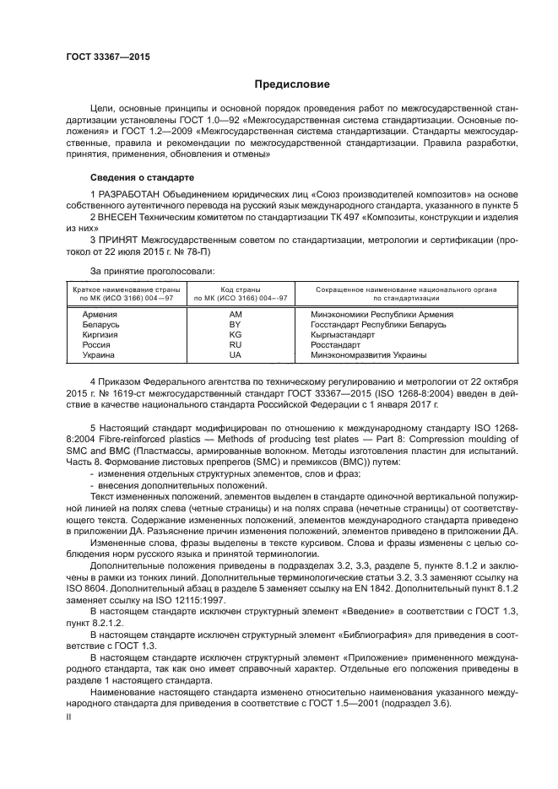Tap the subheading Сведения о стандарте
point(142,178)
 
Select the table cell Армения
point(89,314)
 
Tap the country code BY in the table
point(236,324)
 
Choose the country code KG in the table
point(236,334)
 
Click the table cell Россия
point(85,344)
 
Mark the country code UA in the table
point(236,354)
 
